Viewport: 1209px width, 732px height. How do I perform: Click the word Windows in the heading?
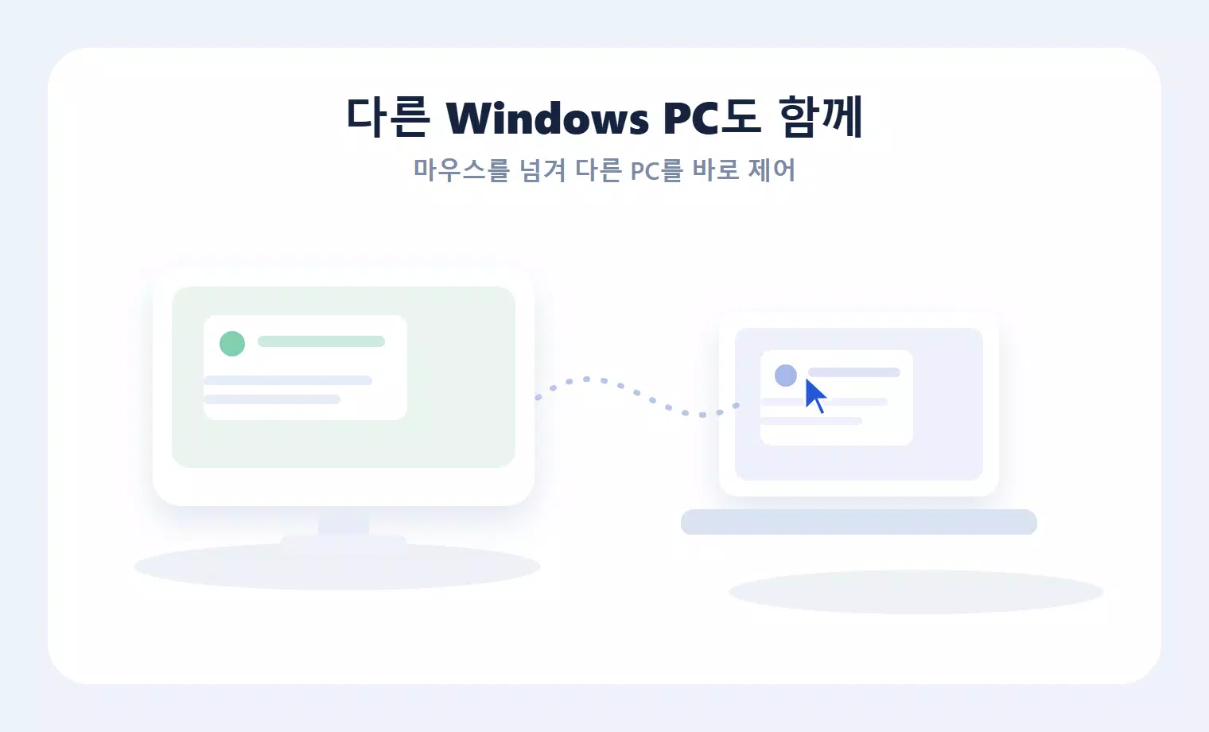coord(547,117)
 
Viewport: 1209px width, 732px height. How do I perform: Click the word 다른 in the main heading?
coord(387,117)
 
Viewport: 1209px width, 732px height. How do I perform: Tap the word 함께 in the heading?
coord(820,117)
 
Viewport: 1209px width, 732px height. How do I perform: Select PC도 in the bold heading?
coord(712,117)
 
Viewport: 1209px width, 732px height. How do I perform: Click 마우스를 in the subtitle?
coord(461,170)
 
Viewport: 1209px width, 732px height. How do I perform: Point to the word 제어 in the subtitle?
coord(772,170)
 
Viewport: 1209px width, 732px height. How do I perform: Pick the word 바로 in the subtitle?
coord(715,170)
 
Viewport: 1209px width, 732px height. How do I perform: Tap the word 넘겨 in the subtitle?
coord(542,170)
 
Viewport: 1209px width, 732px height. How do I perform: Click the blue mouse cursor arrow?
coord(814,394)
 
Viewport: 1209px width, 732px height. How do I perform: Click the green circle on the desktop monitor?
coord(232,344)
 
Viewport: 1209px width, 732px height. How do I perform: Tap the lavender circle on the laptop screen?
coord(786,376)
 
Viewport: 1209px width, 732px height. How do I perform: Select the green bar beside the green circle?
coord(321,341)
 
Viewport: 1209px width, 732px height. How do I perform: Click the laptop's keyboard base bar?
coord(859,522)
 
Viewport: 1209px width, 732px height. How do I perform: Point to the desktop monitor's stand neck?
coord(344,523)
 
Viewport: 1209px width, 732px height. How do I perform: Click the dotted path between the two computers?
coord(637,393)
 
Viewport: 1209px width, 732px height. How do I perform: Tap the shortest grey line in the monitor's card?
coord(272,399)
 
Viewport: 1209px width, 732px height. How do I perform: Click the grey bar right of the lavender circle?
coord(854,372)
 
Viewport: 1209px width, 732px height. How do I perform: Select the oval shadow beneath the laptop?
coord(916,592)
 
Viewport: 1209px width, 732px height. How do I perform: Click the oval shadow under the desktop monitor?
coord(337,567)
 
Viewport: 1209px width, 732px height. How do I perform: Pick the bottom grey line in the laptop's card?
coord(811,421)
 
